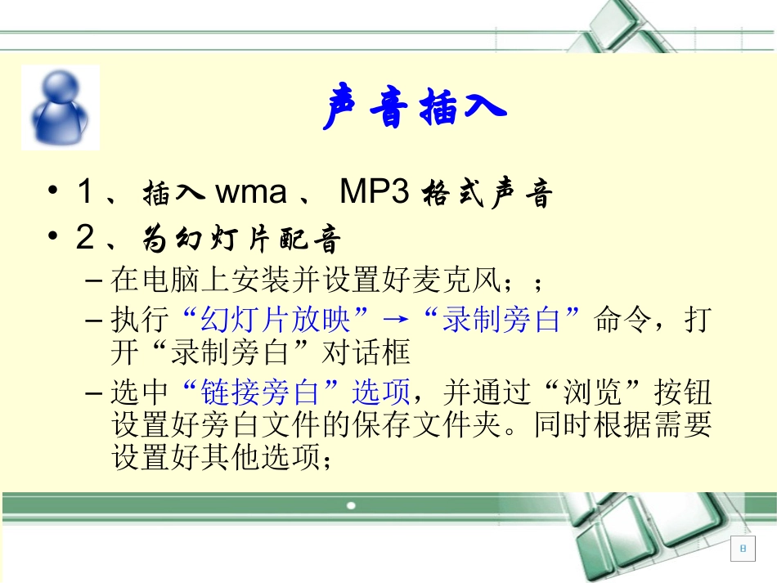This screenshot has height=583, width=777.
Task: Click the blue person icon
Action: coord(60,108)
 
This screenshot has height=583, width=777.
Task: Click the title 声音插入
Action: coord(414,109)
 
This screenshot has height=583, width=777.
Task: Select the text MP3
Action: coord(374,193)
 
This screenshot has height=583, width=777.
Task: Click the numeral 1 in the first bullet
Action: coord(85,194)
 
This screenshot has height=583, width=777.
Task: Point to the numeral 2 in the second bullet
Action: coord(85,239)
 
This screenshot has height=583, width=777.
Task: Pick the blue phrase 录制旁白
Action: coord(501,320)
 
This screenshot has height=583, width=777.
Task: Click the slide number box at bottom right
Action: coord(743,549)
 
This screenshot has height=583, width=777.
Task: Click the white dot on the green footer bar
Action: coord(351,505)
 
